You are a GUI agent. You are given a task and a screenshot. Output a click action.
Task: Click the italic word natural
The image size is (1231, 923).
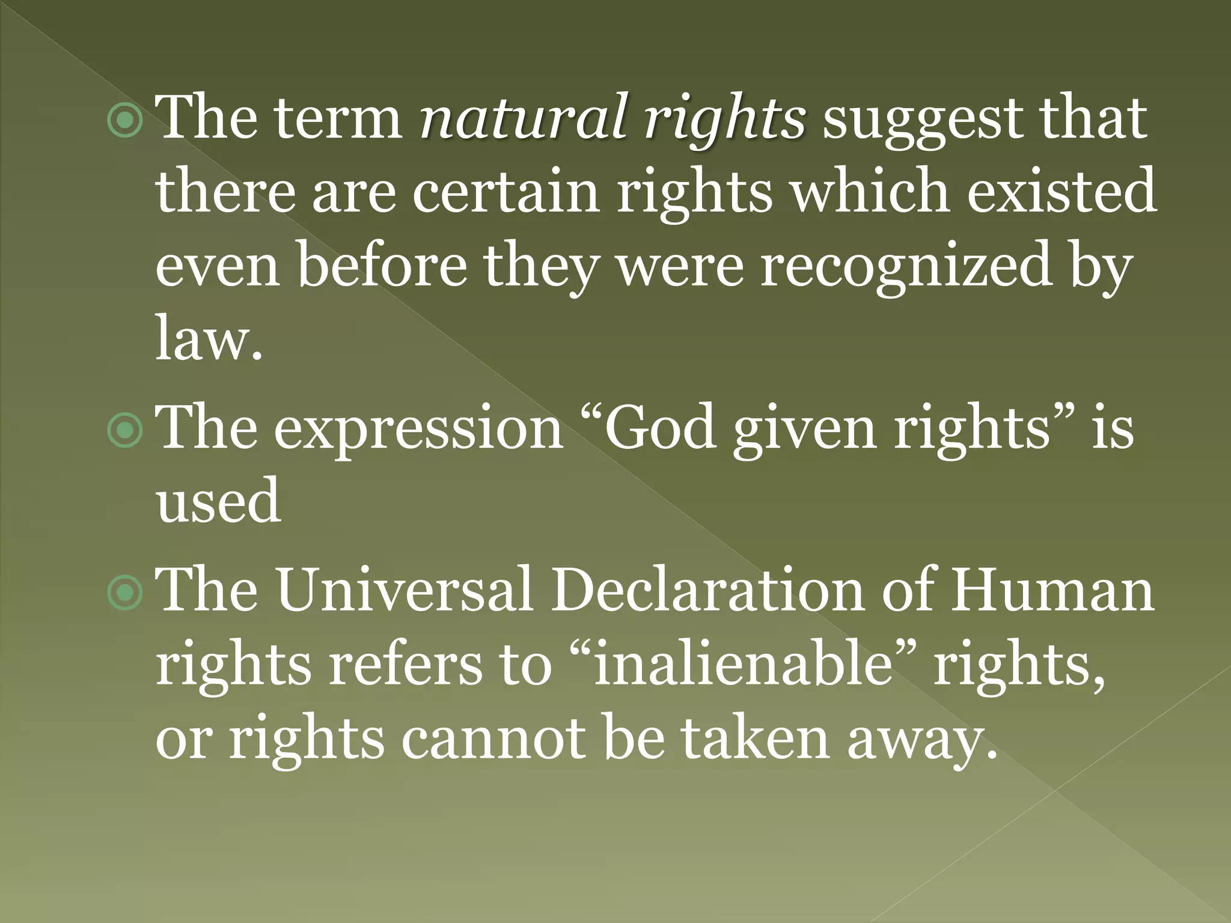(522, 118)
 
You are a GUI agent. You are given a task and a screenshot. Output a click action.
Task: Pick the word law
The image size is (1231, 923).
(208, 340)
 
